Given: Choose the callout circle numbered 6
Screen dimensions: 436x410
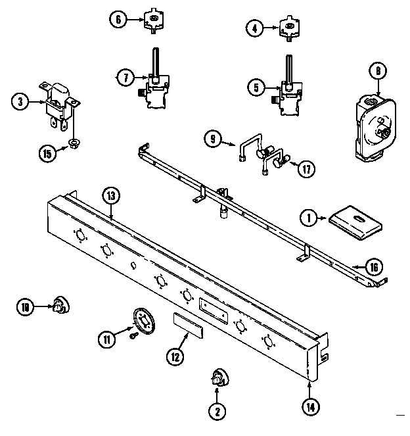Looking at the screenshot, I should tap(118, 19).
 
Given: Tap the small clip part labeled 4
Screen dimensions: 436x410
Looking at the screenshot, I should tap(286, 27).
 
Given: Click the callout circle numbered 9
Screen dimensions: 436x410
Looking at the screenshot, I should tap(211, 139).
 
